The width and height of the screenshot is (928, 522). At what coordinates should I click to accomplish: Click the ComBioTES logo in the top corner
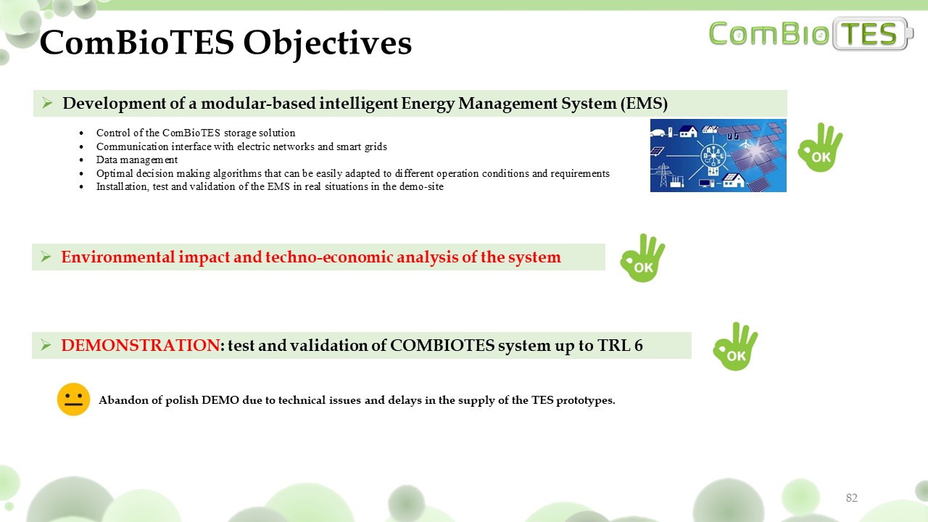click(x=811, y=33)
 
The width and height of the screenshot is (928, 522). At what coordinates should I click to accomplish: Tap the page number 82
click(x=851, y=497)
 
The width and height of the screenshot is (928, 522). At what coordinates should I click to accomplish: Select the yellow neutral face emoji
click(x=73, y=399)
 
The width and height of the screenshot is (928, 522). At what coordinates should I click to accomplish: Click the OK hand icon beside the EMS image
click(x=820, y=147)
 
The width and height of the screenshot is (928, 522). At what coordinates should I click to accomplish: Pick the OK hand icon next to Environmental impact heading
click(x=642, y=258)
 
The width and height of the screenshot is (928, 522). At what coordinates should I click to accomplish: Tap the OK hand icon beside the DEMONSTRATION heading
click(x=735, y=347)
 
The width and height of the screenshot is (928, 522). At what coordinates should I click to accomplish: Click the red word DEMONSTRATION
click(x=140, y=345)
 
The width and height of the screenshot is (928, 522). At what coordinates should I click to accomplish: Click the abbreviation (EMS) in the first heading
click(x=644, y=103)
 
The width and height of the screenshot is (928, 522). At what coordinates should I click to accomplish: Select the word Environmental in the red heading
click(x=118, y=257)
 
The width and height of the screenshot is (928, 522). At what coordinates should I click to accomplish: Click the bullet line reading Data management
click(x=137, y=160)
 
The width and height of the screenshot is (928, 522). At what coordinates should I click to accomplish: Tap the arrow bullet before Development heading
click(x=47, y=103)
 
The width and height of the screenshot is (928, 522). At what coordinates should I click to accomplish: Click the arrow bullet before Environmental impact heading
click(x=46, y=257)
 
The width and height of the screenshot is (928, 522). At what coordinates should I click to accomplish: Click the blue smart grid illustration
click(x=718, y=155)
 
